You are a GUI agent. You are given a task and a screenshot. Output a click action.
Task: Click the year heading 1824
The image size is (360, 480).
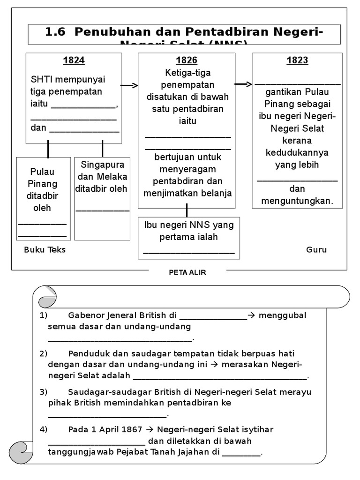tap(74, 60)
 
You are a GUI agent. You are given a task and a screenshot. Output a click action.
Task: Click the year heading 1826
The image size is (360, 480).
tap(187, 60)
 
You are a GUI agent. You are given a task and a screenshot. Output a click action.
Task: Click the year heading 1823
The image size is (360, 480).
tap(297, 60)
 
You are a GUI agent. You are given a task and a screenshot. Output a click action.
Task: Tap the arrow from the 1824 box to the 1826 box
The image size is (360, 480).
tap(129, 85)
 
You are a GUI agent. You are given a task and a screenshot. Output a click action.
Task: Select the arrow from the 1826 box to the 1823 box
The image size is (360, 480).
tap(243, 84)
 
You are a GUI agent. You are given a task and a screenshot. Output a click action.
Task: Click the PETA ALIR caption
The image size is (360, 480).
tap(187, 272)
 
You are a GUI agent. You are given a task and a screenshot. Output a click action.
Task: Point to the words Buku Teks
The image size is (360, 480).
tap(45, 250)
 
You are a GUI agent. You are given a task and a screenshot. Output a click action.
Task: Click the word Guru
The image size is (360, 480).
tap(316, 250)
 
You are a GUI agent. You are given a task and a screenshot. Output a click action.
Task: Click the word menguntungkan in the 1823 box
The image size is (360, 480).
tap(298, 201)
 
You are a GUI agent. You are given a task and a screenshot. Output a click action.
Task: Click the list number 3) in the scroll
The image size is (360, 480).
tap(43, 391)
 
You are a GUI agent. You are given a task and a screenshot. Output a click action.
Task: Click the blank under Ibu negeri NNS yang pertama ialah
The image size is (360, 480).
tap(188, 252)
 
